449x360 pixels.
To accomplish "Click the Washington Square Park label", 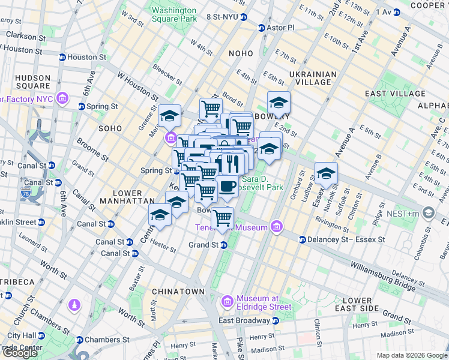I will click(174, 14).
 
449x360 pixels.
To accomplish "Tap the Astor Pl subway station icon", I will click(261, 28).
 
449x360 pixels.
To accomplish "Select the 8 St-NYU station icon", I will click(243, 17).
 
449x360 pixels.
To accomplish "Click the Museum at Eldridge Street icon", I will click(227, 300).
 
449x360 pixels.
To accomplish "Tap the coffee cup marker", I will click(228, 187).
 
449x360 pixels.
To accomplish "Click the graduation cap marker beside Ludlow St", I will click(326, 173).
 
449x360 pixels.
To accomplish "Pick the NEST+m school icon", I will click(428, 212).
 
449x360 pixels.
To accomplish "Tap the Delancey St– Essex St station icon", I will click(303, 240).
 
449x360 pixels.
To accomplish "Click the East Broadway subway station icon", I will click(276, 320).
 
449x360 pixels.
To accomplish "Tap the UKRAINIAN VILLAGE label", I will click(313, 79).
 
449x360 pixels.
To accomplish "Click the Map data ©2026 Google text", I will click(412, 355).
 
